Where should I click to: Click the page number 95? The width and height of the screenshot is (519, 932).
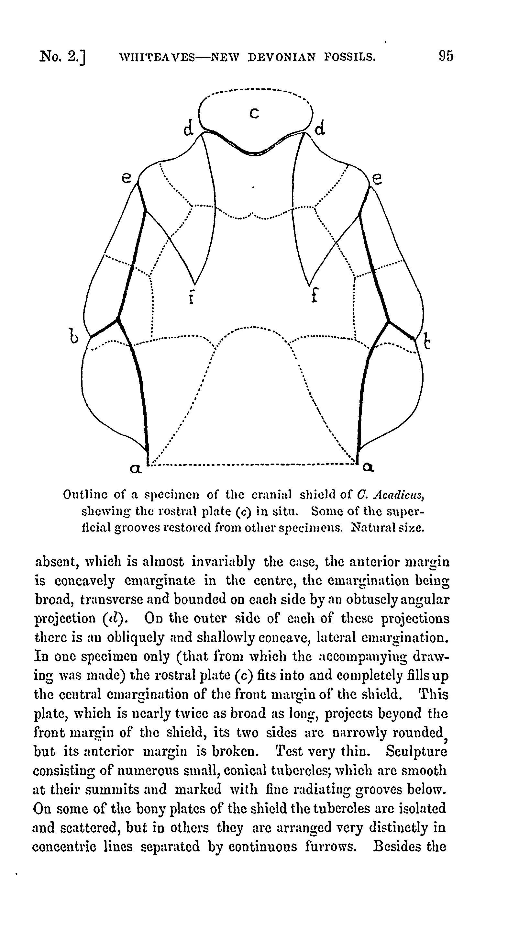point(446,56)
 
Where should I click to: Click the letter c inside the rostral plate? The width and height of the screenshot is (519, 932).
point(255,114)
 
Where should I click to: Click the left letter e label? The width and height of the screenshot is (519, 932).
point(126,178)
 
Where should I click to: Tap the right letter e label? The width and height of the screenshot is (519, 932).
point(377,179)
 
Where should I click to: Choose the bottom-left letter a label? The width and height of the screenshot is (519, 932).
point(135,469)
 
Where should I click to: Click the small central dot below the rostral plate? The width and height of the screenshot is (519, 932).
point(253,187)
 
